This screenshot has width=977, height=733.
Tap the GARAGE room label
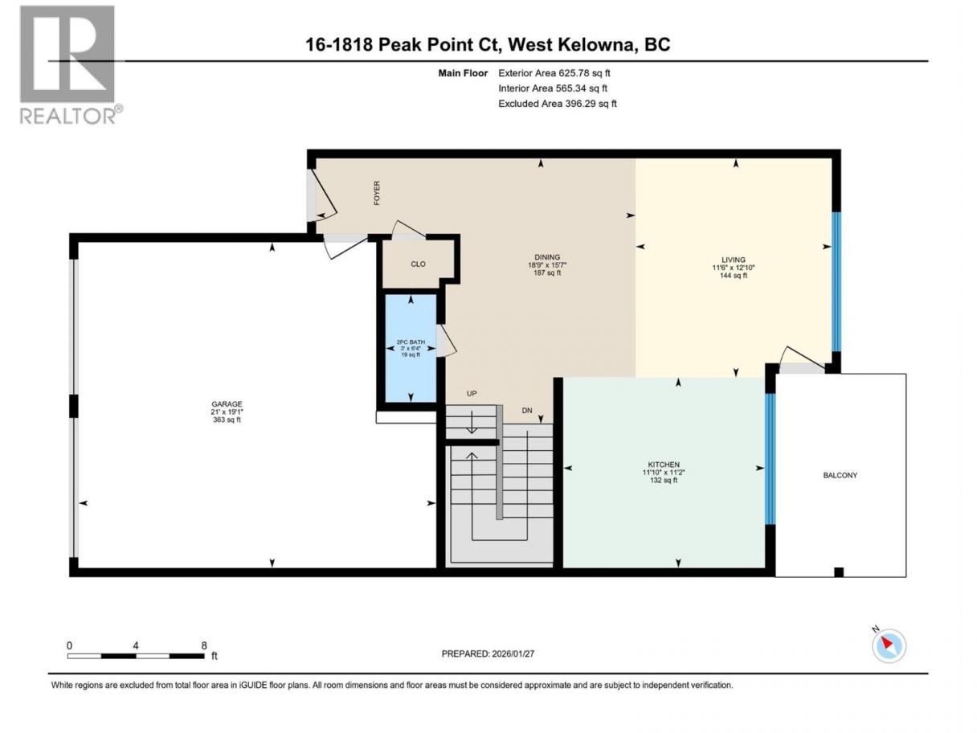point(227,403)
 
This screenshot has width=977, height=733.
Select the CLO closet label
point(418,264)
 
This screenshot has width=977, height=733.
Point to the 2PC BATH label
point(411,342)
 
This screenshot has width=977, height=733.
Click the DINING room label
point(547,257)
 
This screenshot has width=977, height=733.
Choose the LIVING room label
point(733,260)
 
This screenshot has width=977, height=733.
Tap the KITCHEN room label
point(663,465)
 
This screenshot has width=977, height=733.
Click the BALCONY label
point(840,475)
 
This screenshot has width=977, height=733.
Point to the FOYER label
point(377,193)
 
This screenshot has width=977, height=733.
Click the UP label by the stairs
point(472,394)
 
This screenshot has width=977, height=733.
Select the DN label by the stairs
point(527,410)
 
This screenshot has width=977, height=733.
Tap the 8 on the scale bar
point(204,645)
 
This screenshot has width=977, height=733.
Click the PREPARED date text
point(488,653)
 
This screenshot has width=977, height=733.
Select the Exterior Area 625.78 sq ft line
point(554,73)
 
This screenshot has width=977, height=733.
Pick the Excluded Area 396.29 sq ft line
point(558,104)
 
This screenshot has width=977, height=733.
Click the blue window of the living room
point(836,281)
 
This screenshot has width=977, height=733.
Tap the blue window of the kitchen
point(770,458)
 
